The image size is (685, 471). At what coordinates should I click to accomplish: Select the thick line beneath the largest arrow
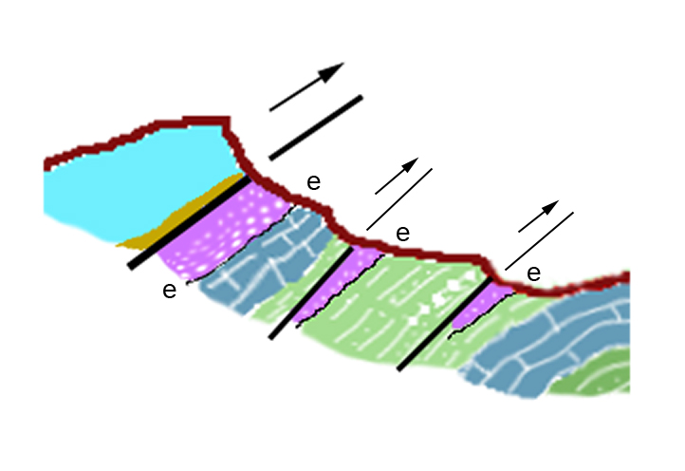[316, 127]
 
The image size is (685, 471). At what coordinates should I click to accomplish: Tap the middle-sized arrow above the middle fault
[397, 176]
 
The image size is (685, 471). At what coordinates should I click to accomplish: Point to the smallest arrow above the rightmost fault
[539, 217]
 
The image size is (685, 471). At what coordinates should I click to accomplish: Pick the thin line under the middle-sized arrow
[399, 199]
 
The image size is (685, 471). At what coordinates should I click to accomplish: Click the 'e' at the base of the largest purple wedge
[170, 290]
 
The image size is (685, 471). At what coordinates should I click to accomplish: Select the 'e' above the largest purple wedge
[314, 182]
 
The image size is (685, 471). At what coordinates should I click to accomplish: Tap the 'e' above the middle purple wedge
[403, 234]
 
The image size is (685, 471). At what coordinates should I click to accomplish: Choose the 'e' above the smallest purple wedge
[534, 273]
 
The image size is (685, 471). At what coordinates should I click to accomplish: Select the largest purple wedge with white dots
[223, 230]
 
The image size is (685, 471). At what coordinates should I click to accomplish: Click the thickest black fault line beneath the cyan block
[189, 222]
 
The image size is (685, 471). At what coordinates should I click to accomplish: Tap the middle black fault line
[310, 293]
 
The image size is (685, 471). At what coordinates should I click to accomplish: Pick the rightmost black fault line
[445, 324]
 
